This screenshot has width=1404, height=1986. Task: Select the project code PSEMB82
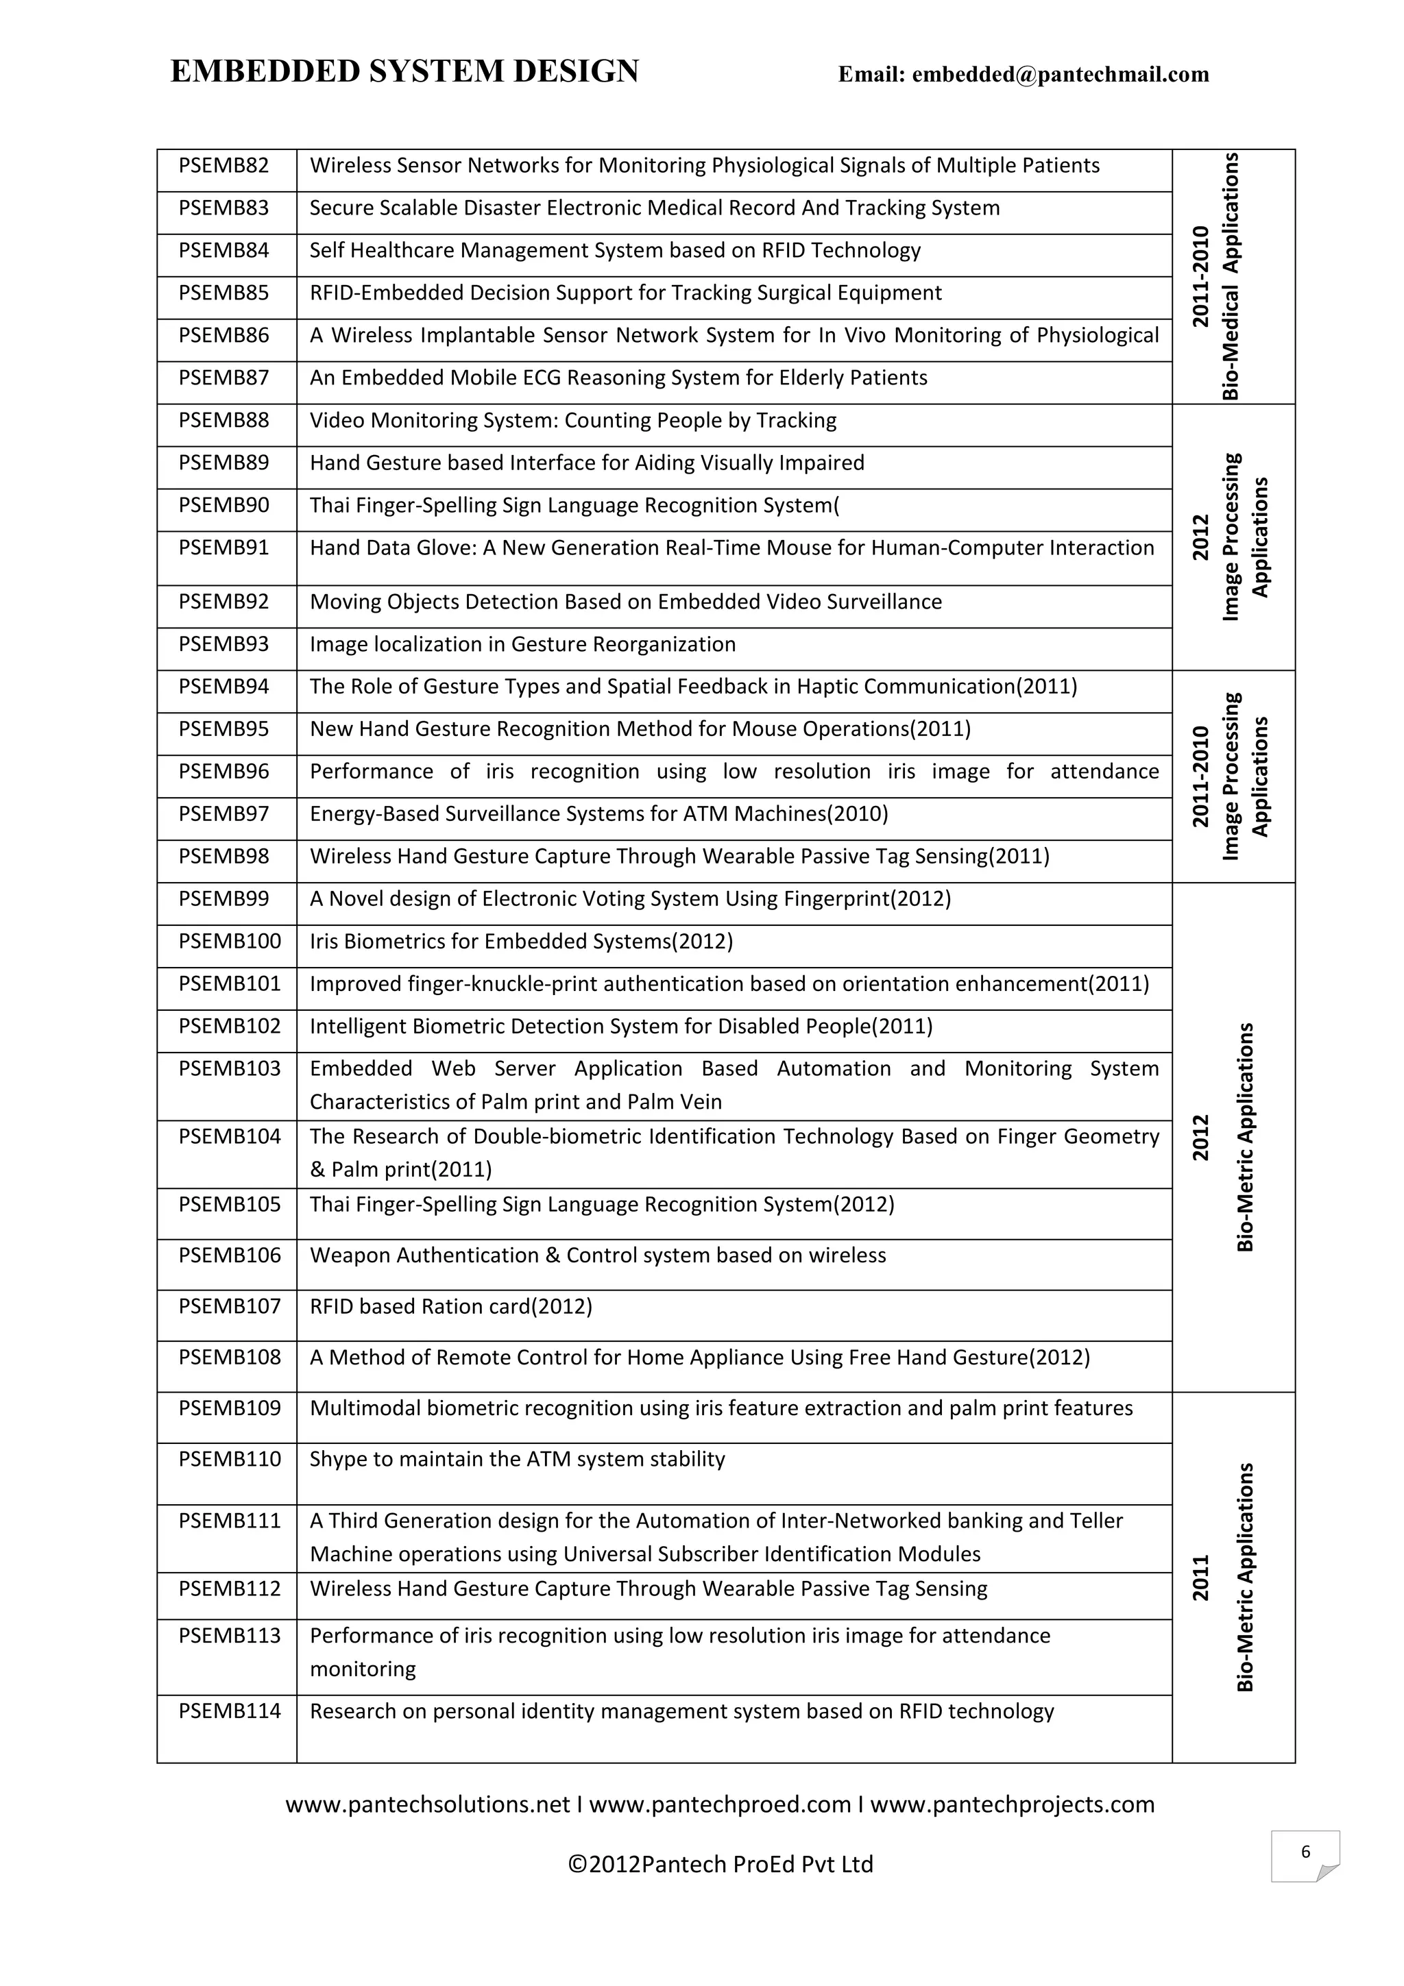click(224, 165)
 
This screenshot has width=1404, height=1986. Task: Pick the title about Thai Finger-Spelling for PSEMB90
click(574, 505)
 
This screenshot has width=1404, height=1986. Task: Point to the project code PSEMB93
click(224, 644)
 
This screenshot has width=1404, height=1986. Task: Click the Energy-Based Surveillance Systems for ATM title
click(598, 814)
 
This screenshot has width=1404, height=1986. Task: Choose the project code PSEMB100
click(230, 941)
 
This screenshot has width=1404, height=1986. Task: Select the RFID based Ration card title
click(450, 1306)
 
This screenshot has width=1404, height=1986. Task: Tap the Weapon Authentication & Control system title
click(598, 1255)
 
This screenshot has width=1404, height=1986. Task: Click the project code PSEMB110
click(230, 1459)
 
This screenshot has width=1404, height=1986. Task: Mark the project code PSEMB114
click(230, 1711)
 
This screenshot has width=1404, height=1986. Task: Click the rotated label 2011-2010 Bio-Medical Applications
click(1215, 277)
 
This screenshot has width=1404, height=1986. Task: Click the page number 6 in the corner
click(1305, 1852)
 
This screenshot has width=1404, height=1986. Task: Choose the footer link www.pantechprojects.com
click(1012, 1804)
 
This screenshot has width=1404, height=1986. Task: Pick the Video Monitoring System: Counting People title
click(572, 420)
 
